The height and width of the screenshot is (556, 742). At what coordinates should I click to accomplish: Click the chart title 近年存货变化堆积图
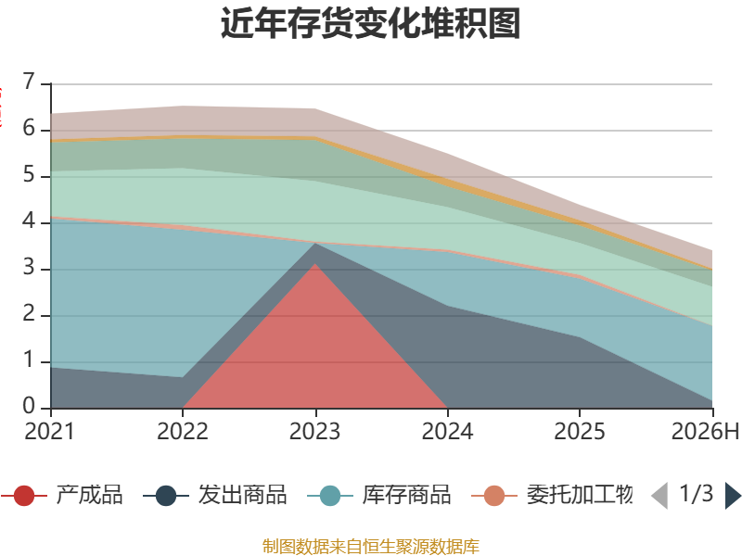[370, 23]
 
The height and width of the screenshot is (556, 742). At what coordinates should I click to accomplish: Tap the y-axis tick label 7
[29, 82]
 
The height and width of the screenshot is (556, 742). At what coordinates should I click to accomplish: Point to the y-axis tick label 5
[29, 174]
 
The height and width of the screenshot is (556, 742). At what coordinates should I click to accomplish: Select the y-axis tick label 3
[29, 267]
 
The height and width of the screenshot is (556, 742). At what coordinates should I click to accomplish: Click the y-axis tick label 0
[29, 406]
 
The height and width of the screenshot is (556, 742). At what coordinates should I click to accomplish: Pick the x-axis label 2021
[50, 431]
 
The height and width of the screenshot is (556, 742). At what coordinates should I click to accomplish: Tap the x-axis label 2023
[314, 431]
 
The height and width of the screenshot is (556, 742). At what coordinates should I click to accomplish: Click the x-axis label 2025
[579, 431]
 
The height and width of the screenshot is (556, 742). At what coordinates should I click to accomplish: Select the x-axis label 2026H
[705, 431]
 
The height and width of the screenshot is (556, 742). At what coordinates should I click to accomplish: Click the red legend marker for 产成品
[24, 496]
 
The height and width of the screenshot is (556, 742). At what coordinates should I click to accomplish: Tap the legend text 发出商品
[242, 495]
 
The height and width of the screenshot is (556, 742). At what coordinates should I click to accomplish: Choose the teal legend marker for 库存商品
[330, 496]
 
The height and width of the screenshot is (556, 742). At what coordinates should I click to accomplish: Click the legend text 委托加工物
[580, 495]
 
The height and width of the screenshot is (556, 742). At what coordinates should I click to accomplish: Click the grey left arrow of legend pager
[660, 496]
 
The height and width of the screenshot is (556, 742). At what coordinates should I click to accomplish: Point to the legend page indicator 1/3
[697, 494]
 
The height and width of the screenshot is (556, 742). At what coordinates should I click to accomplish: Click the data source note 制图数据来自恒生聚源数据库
[371, 547]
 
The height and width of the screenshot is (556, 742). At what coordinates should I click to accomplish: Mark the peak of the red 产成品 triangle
[314, 264]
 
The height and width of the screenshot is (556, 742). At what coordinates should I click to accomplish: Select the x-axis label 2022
[182, 431]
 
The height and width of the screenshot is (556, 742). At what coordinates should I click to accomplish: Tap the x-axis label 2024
[447, 431]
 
